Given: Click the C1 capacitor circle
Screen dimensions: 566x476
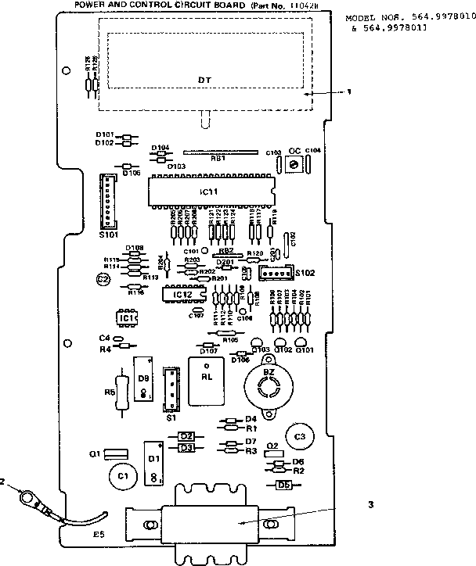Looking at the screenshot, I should [x=121, y=475].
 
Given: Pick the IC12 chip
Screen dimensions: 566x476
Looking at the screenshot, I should [x=182, y=294].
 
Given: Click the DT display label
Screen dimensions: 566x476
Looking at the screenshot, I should [x=204, y=81].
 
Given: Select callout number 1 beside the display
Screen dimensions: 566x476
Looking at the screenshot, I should [x=349, y=91].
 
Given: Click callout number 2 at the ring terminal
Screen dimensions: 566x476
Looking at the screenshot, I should [x=3, y=482].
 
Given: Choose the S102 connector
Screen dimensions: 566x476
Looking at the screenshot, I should [x=272, y=273].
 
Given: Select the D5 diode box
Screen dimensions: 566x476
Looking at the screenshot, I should [x=284, y=485].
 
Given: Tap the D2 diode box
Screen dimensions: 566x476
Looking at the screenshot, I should [x=186, y=436].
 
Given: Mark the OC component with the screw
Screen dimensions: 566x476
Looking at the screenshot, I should [x=294, y=163].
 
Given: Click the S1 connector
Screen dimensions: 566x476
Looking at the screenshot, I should [x=171, y=389].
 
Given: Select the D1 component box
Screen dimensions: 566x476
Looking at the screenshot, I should [x=153, y=461].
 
